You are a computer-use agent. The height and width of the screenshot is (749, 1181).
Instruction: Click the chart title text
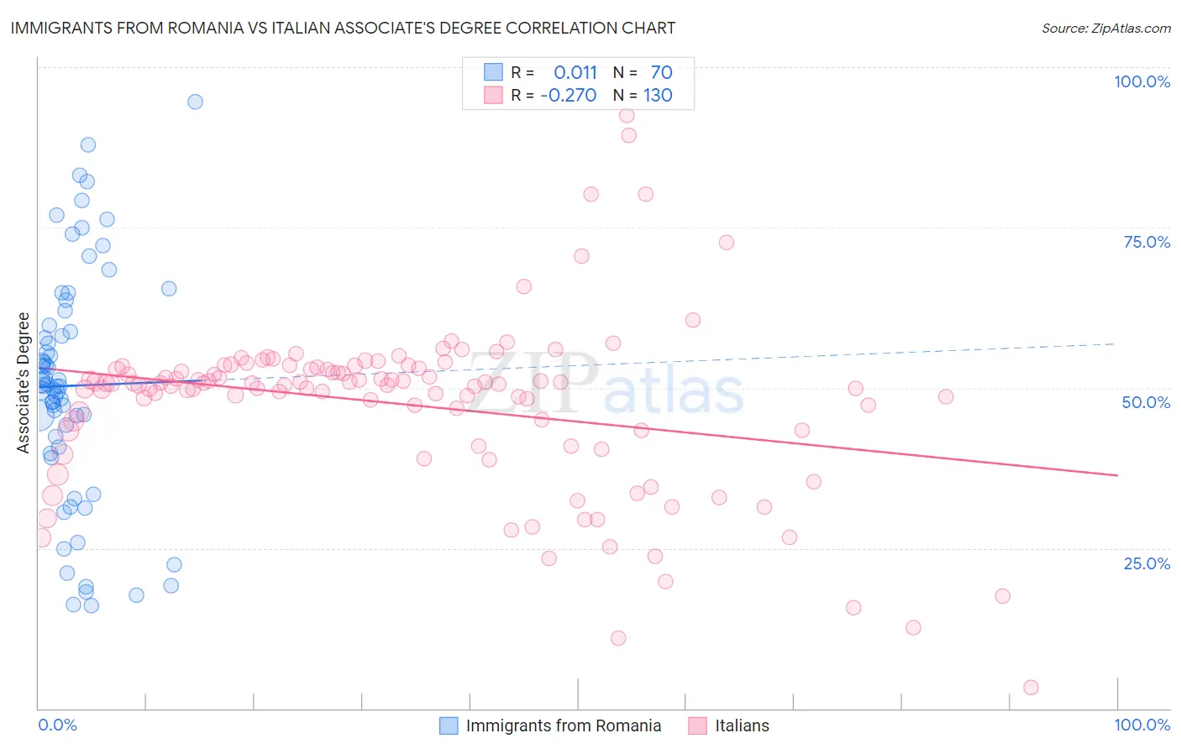(343, 29)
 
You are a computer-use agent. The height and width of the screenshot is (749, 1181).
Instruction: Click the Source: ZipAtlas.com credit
(1105, 29)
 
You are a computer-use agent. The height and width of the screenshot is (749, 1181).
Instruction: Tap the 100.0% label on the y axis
(1142, 81)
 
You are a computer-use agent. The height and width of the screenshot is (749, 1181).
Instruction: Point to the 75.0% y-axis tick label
(1147, 242)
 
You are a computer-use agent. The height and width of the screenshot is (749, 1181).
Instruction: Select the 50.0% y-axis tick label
(1146, 402)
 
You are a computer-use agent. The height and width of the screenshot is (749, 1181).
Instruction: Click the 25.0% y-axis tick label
(1147, 563)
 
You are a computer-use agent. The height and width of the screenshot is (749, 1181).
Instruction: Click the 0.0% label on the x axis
(57, 725)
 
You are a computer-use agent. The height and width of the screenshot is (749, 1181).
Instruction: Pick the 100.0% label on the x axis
(1142, 725)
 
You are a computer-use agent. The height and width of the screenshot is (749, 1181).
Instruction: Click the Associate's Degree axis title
(24, 383)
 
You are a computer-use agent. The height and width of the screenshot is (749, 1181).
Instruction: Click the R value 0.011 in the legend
(575, 73)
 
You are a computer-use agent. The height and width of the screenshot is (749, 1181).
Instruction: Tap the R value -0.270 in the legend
(569, 96)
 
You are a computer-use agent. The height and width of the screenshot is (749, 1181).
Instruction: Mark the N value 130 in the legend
(658, 96)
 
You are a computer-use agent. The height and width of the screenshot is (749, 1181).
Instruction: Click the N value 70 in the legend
(661, 73)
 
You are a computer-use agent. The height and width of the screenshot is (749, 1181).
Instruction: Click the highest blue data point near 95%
(195, 102)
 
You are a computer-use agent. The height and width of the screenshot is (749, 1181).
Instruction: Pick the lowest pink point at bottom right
(1031, 688)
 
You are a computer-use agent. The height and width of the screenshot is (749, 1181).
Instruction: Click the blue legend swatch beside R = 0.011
(493, 72)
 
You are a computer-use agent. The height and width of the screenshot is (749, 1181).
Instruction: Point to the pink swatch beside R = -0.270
(493, 95)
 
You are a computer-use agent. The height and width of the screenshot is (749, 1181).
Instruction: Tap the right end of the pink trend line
(1117, 475)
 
